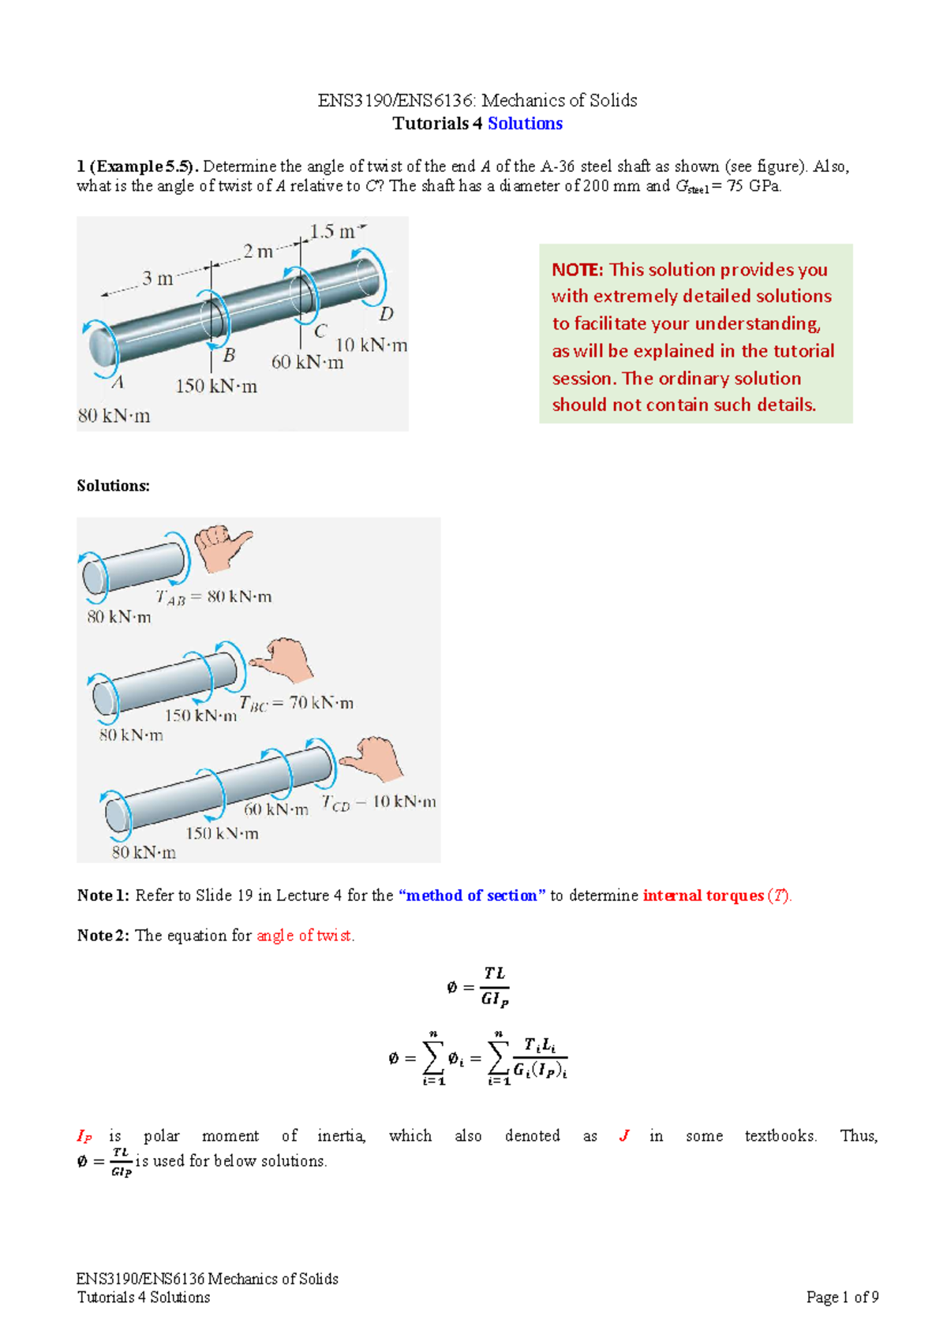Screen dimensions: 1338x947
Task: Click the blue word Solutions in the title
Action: (525, 124)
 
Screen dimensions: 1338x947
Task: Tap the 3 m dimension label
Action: (158, 278)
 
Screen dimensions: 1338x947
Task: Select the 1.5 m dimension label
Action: (332, 232)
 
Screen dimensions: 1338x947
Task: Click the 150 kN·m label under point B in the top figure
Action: (216, 387)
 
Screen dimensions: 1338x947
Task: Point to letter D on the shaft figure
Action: (386, 315)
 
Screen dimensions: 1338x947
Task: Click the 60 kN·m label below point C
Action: (308, 363)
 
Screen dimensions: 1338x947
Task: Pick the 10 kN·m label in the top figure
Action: (372, 346)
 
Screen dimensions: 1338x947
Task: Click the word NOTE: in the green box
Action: (577, 270)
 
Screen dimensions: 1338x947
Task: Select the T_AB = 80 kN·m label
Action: (214, 597)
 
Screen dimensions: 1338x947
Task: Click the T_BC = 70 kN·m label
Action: (297, 703)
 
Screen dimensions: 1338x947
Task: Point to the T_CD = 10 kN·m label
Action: (379, 802)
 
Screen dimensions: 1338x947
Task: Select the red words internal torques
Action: (703, 895)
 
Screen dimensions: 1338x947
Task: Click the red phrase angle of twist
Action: (305, 936)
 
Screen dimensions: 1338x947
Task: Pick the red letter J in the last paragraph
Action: (624, 1136)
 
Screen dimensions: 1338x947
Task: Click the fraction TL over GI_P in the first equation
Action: (495, 986)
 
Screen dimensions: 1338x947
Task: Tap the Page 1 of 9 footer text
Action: (842, 1297)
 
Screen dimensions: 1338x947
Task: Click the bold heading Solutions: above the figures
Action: (113, 486)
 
